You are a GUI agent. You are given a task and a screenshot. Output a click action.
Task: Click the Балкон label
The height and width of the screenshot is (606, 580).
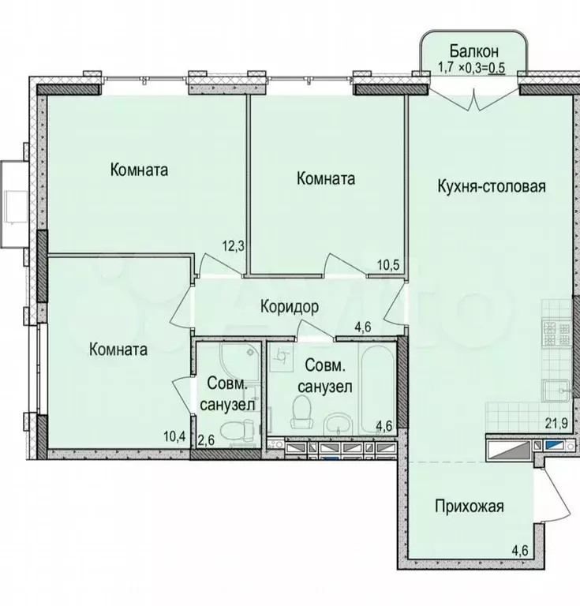coord(473,50)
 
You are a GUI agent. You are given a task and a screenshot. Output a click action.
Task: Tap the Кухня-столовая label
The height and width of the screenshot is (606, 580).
coord(492,186)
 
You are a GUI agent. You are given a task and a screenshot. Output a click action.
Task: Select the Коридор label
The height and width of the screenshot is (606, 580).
coord(290,307)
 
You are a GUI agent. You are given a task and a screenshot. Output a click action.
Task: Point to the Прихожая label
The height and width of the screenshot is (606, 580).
coord(469,506)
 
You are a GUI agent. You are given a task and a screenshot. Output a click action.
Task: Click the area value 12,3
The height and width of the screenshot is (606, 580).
coord(233,246)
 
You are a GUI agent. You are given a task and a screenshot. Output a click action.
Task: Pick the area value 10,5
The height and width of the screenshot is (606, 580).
coord(387,265)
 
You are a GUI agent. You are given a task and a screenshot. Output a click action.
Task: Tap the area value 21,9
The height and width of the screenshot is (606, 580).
coord(556,424)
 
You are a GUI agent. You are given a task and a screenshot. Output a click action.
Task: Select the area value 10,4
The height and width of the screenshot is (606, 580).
coord(174,437)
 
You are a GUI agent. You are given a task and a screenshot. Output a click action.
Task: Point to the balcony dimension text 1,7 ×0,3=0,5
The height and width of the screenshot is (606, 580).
coord(471,67)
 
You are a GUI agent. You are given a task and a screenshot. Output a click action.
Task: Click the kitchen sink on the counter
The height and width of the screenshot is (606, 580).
coord(556,391)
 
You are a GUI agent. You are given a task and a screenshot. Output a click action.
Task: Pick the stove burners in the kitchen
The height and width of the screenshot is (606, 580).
coord(556,334)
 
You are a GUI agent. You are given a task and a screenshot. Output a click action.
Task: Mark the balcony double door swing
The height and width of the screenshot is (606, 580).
coord(474,97)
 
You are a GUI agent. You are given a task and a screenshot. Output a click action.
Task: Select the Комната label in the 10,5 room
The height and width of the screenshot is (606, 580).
coord(326,178)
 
